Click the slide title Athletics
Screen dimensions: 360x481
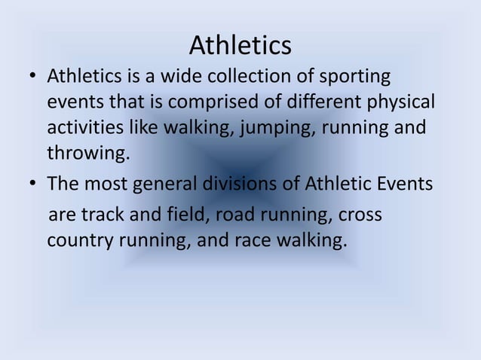click(x=240, y=45)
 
